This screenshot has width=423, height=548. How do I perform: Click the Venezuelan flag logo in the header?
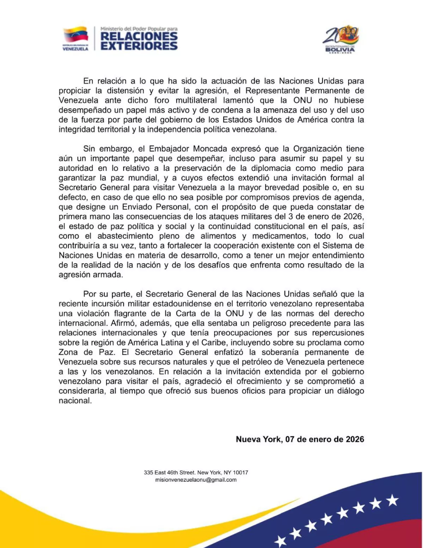point(75,35)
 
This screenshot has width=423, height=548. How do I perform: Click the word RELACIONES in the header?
point(139,36)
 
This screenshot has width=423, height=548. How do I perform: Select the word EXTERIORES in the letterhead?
point(139,46)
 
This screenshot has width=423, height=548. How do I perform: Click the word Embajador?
point(169,149)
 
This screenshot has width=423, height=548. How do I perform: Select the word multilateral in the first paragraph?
point(196,101)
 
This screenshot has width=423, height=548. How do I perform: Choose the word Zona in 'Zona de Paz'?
point(68,352)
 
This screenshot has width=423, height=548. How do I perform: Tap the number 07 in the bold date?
point(290,439)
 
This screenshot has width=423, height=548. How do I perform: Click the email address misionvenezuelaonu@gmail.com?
point(196,480)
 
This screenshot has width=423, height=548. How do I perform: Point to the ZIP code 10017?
point(240,472)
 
